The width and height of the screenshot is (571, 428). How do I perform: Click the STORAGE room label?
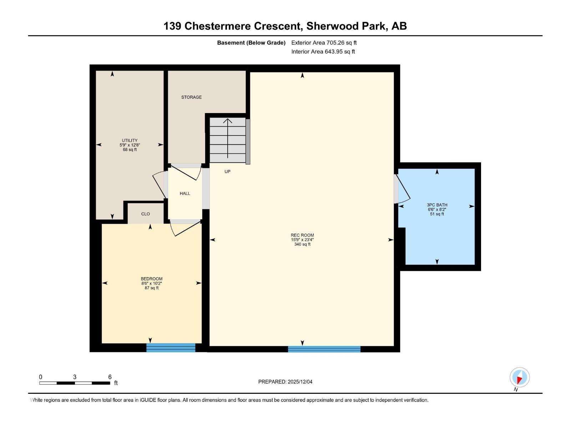[191, 97]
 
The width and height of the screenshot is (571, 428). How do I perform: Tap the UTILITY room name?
[130, 141]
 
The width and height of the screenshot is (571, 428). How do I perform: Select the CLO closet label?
[145, 214]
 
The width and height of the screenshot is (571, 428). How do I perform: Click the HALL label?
[185, 193]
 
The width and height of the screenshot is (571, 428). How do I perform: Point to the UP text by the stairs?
[227, 172]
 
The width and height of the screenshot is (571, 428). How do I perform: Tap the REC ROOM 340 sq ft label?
[302, 240]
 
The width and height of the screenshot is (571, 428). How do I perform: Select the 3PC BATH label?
[437, 209]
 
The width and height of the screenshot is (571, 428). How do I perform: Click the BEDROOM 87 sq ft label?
[151, 283]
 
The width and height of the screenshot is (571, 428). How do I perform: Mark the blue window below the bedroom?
[171, 347]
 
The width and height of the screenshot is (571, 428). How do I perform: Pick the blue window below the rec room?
[324, 349]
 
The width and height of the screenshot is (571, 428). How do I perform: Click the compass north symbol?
[519, 378]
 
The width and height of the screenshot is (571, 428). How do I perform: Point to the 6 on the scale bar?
[110, 377]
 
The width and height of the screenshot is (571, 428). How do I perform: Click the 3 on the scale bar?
[75, 377]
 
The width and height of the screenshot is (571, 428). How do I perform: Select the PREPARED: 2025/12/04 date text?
[285, 382]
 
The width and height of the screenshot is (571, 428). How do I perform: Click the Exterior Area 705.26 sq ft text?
[324, 43]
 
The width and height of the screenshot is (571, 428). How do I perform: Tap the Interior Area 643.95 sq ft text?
[323, 52]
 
